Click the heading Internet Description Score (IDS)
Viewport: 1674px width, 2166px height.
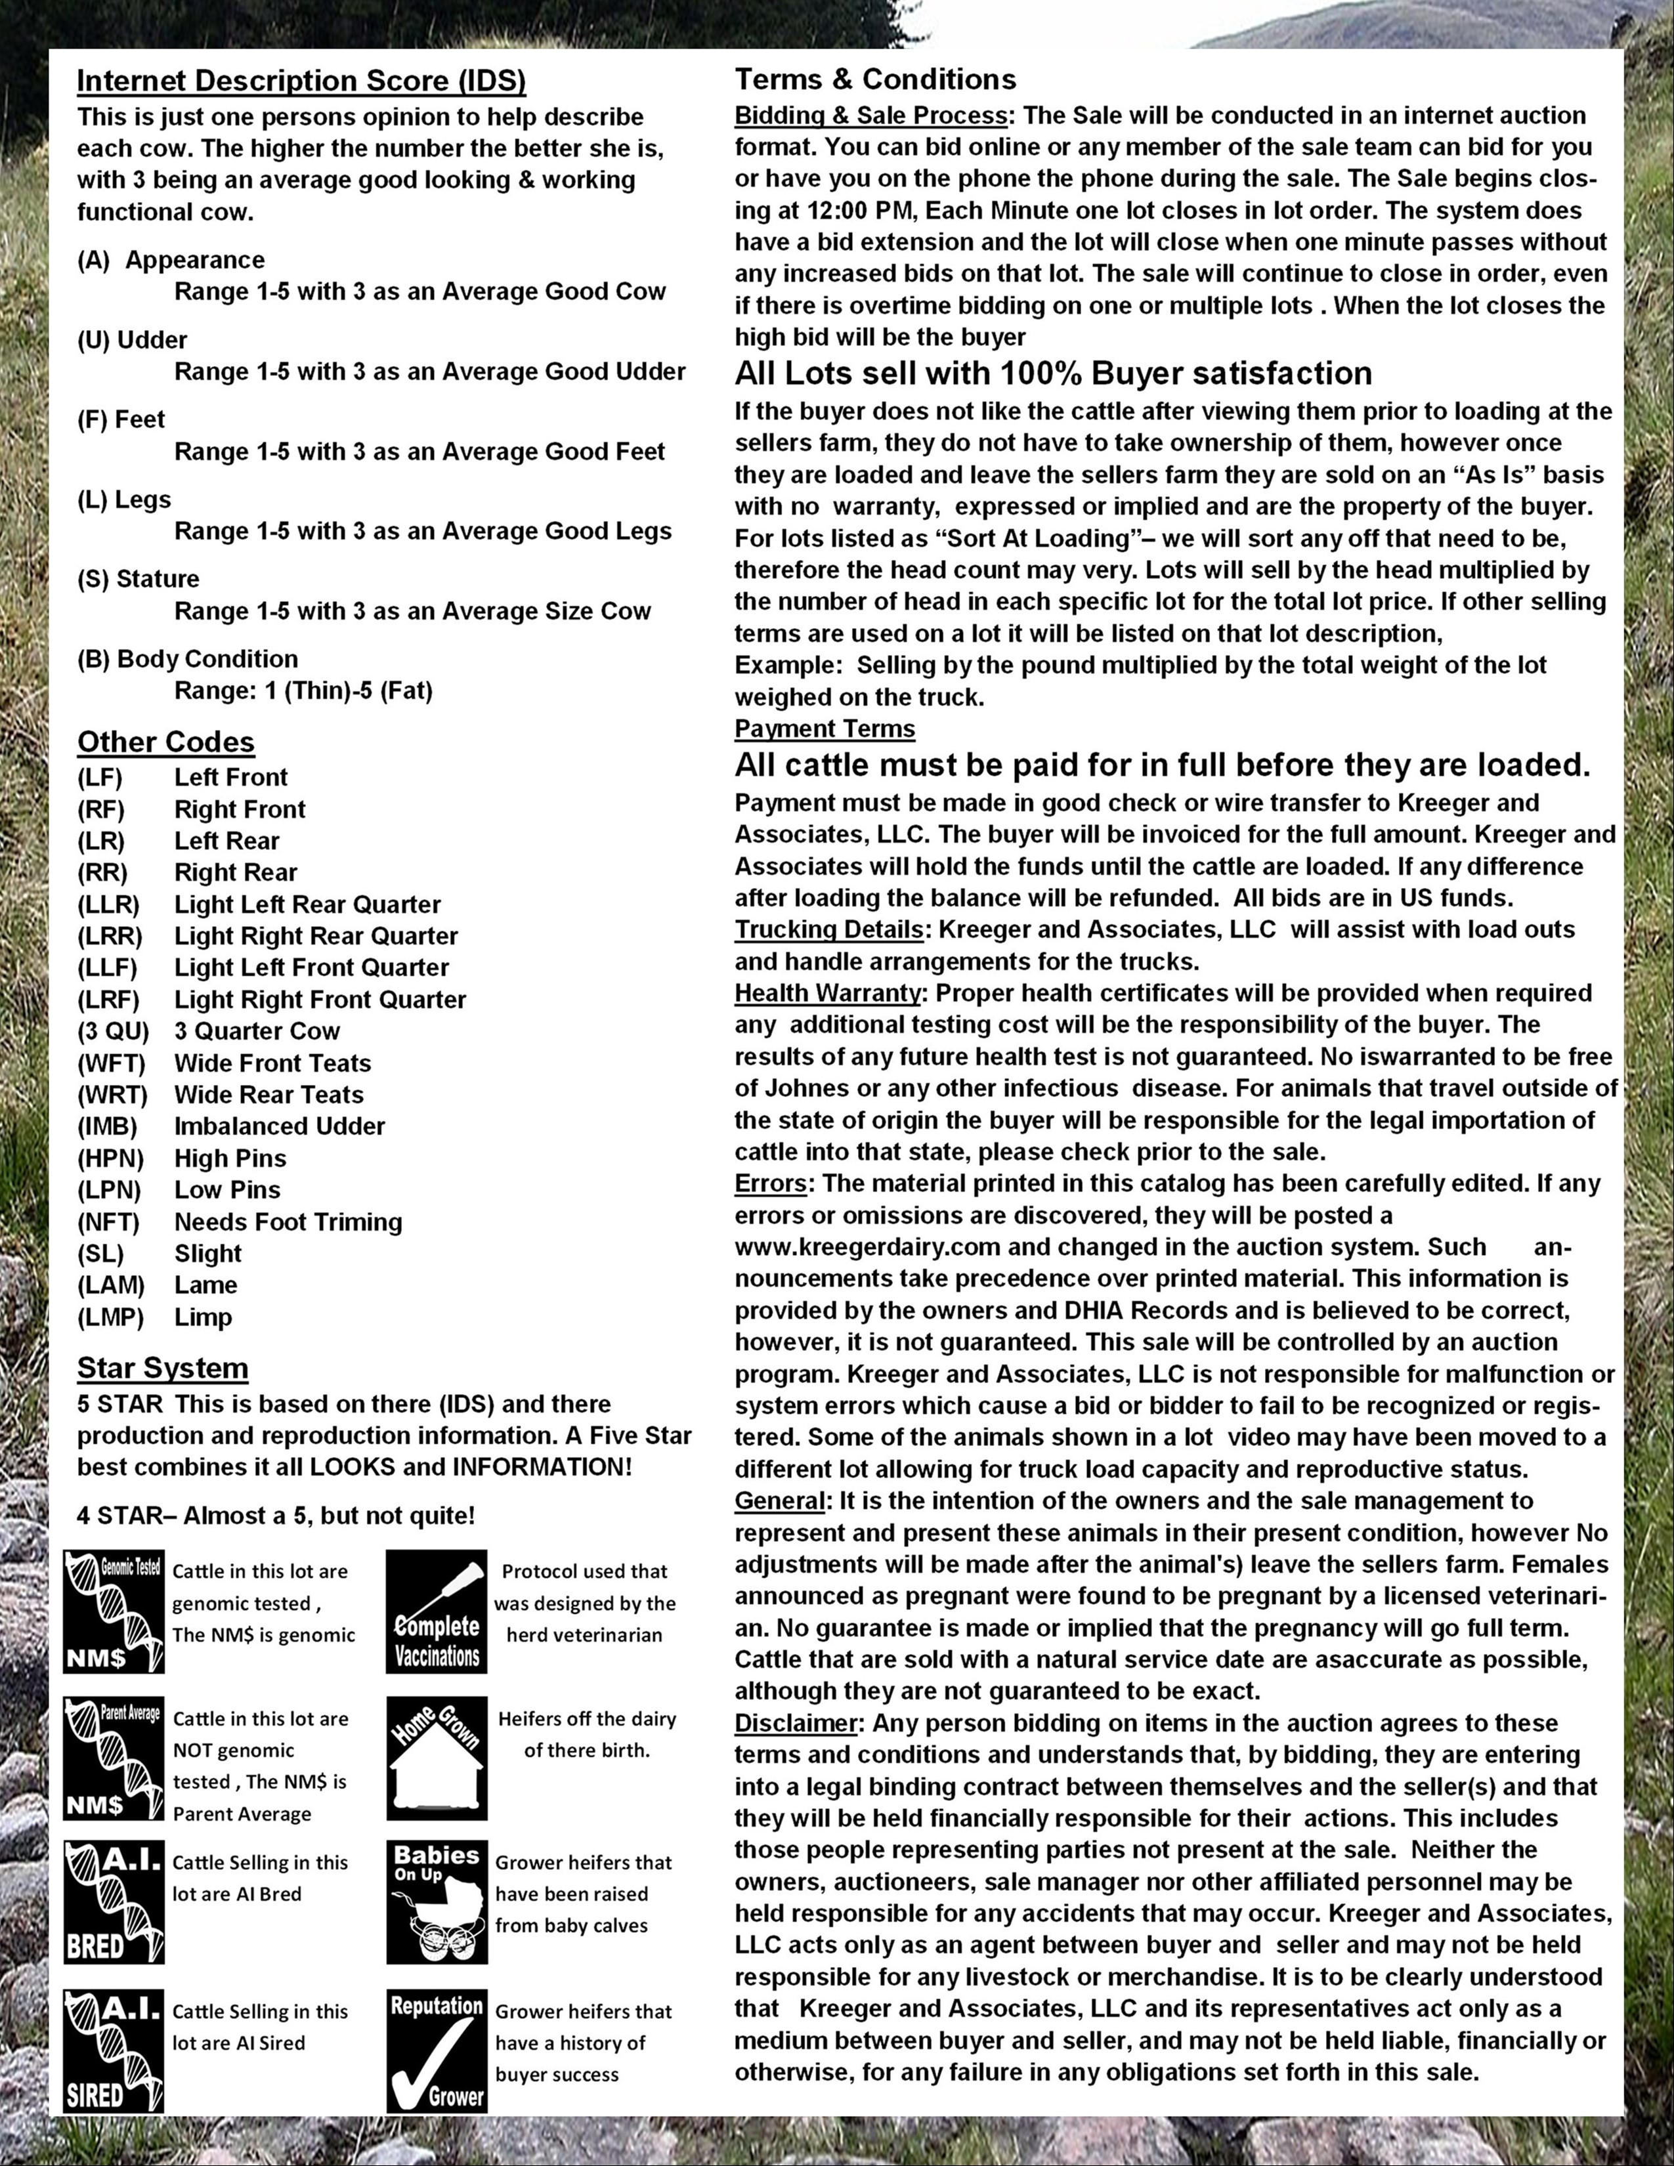point(301,81)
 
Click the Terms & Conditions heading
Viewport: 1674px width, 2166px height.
point(874,79)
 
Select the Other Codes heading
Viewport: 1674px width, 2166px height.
point(165,742)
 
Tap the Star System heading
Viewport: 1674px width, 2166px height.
point(163,1368)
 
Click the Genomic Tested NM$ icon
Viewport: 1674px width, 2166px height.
point(113,1611)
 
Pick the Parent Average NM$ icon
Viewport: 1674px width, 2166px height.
point(113,1758)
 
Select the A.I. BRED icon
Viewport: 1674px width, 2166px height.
point(113,1902)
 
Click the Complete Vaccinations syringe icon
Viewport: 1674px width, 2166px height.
point(437,1611)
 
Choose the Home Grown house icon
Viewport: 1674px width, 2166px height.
point(437,1758)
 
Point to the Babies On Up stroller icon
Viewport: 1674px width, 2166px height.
point(437,1902)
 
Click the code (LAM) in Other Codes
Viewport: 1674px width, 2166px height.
point(111,1285)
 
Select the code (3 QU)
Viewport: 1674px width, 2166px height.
point(113,1031)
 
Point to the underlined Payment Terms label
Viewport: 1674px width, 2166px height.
point(824,729)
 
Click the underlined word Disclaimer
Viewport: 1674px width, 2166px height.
point(796,1723)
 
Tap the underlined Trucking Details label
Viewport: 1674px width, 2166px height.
point(828,929)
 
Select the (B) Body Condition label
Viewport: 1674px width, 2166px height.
point(188,660)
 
